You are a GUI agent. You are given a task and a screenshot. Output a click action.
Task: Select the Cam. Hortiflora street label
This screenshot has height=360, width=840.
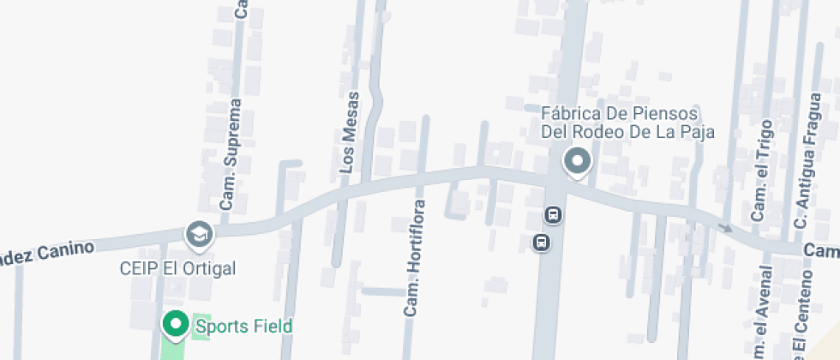(415, 258)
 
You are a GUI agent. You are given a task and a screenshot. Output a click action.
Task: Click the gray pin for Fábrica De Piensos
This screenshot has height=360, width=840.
(577, 162)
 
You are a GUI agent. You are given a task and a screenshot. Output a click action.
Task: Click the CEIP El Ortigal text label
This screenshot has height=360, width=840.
(177, 268)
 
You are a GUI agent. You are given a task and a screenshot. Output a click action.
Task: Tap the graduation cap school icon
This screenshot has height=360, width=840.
(200, 233)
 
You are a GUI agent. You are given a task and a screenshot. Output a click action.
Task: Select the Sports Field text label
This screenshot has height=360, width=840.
(244, 326)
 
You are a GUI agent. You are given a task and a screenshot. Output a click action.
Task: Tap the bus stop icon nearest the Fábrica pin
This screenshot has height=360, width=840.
(553, 214)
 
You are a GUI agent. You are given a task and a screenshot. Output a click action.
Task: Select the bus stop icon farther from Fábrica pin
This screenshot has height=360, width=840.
(542, 243)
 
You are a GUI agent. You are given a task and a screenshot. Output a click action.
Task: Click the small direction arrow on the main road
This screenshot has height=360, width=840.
(725, 228)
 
